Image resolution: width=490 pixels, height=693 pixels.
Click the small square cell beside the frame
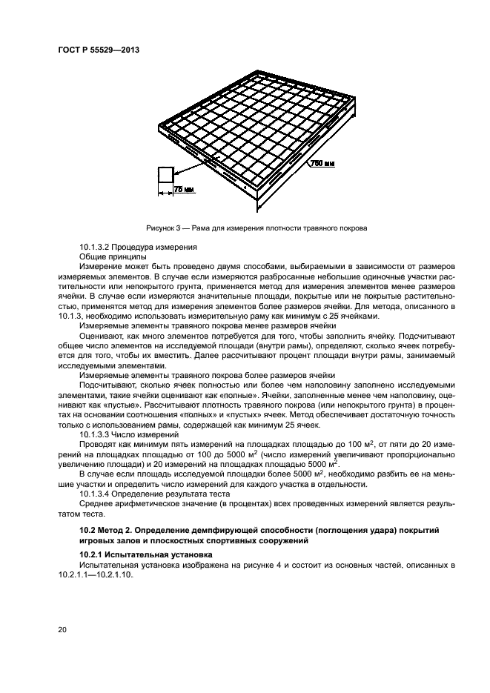tap(165, 175)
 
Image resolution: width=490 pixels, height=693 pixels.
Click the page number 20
tap(63, 629)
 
